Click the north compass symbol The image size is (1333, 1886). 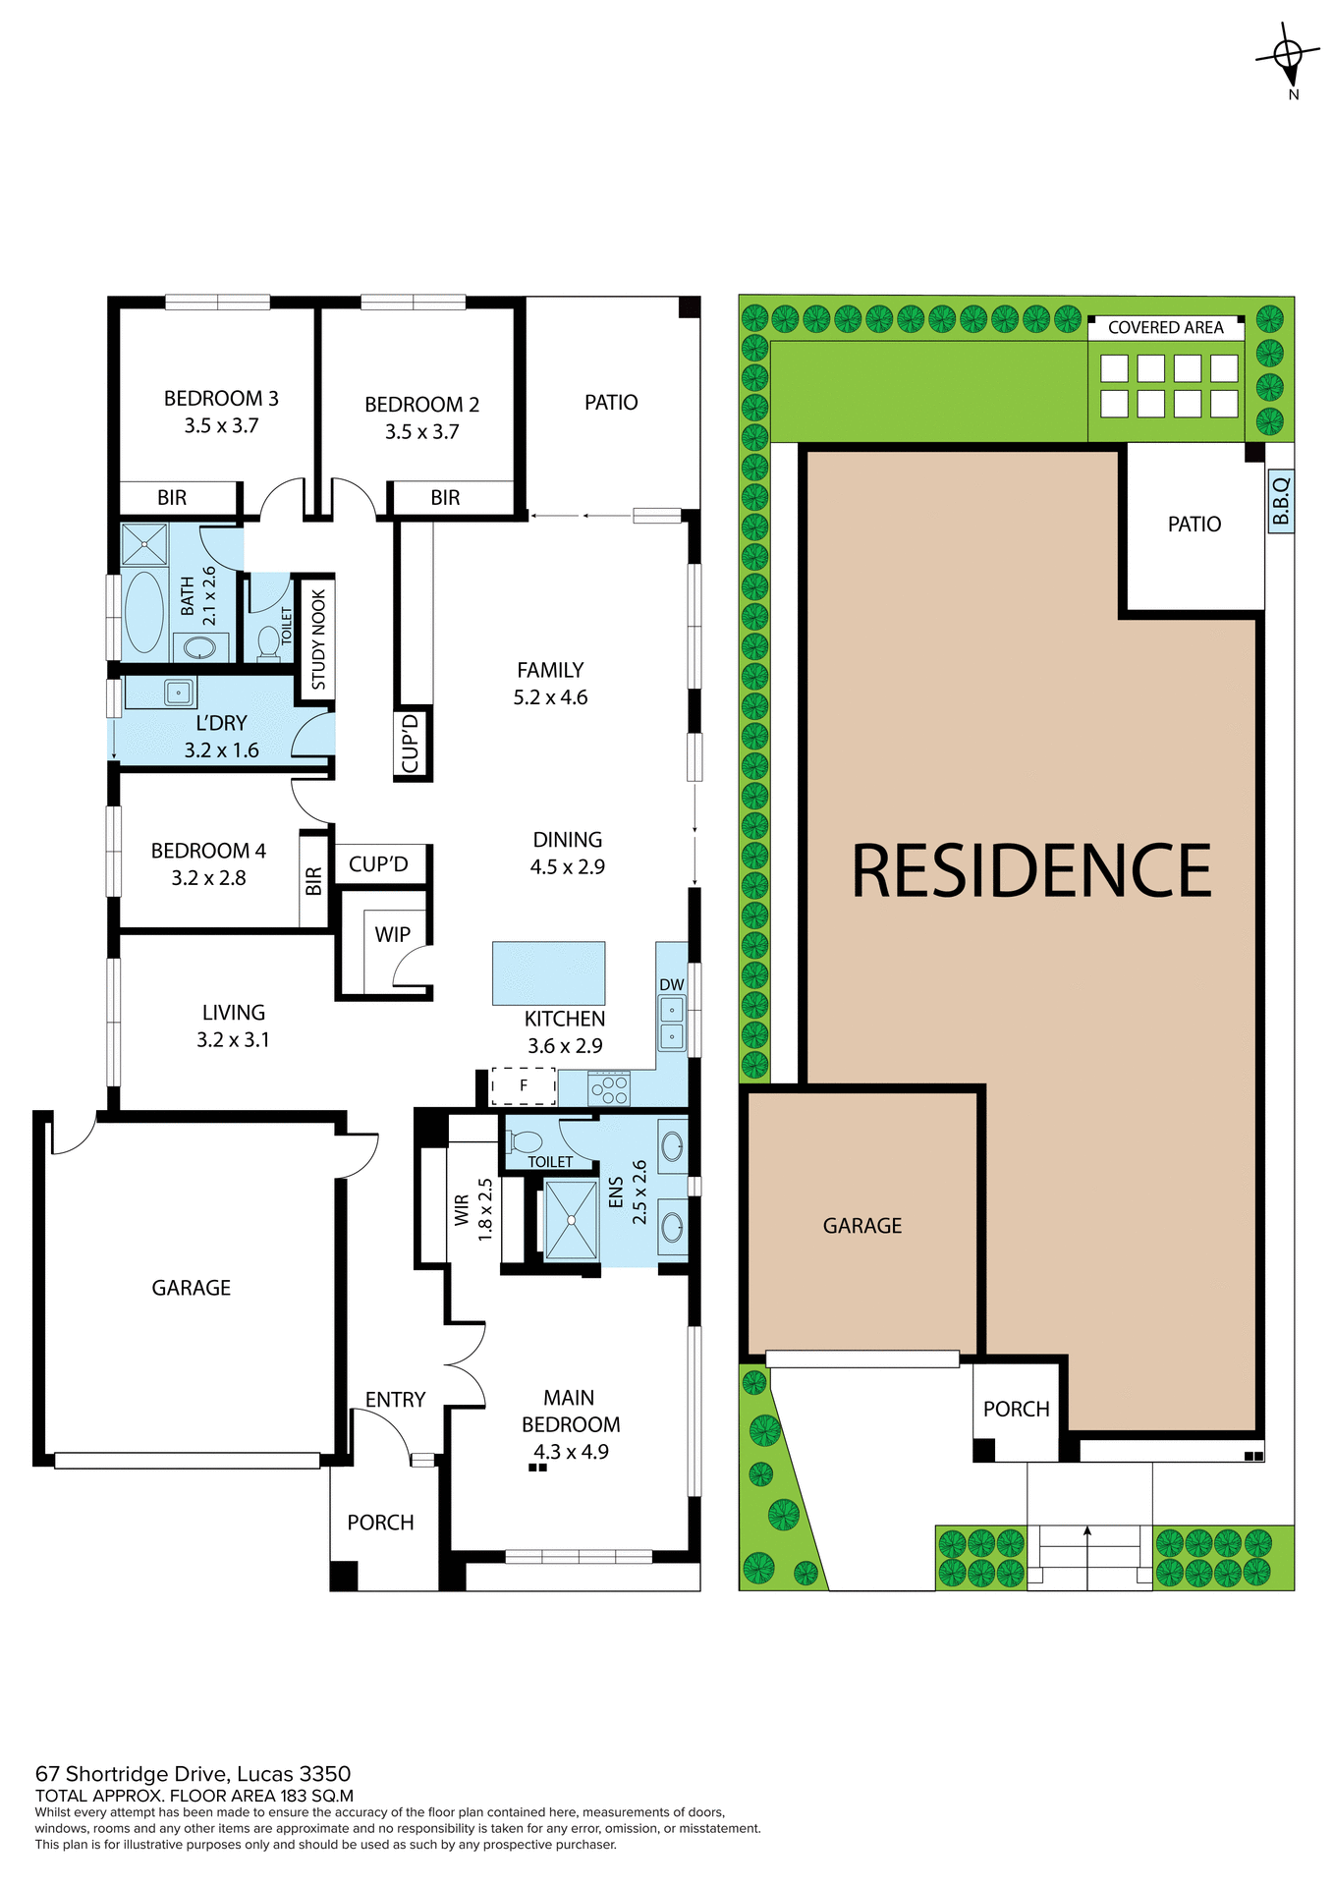click(1288, 57)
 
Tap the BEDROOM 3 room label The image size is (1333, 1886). click(221, 399)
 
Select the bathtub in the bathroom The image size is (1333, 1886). click(144, 611)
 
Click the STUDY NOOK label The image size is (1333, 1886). click(318, 639)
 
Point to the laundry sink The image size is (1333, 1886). click(178, 693)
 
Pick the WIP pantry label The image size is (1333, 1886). click(392, 935)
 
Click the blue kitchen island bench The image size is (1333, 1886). click(548, 972)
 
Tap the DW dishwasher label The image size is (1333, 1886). click(672, 984)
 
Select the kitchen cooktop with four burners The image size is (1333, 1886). click(608, 1088)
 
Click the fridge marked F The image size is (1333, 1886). click(524, 1085)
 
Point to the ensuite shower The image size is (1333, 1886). click(571, 1220)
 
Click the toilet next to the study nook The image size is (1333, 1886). click(268, 641)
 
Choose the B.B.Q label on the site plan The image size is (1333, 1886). click(1280, 501)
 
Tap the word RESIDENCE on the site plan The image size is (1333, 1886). click(1030, 871)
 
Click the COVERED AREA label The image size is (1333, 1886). click(1165, 328)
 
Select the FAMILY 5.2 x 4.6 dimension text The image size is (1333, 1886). click(550, 697)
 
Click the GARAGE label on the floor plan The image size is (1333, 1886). click(191, 1288)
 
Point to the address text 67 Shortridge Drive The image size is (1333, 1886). click(193, 1774)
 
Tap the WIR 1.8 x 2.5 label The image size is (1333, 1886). click(472, 1210)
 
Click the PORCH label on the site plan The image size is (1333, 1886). click(1016, 1410)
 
